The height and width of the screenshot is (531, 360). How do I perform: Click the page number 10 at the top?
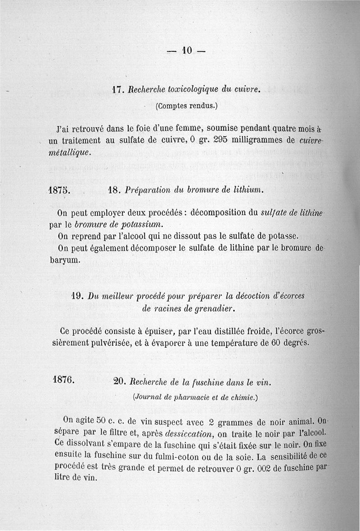pyautogui.click(x=186, y=51)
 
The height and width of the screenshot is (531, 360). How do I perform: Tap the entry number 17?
pyautogui.click(x=117, y=89)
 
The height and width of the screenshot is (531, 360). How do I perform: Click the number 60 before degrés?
pyautogui.click(x=276, y=343)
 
